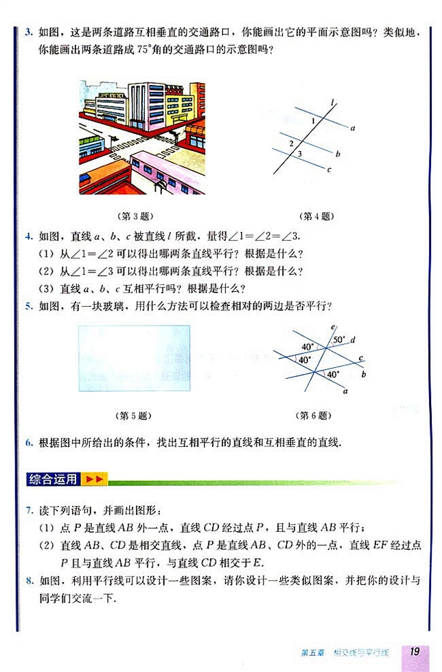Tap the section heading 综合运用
click(54, 479)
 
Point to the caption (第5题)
click(135, 415)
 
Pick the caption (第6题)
click(312, 415)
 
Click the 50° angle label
click(339, 340)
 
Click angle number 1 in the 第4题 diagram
click(313, 121)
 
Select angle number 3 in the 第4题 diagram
click(299, 154)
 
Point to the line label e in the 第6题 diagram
click(332, 327)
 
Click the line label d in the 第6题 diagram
click(352, 340)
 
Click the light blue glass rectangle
click(135, 358)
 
